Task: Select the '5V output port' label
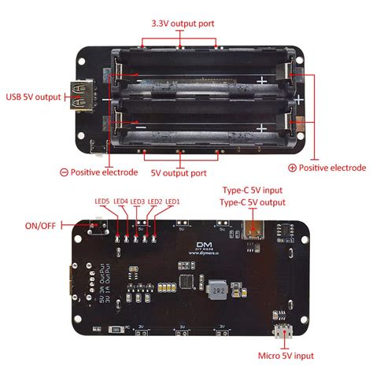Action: pyautogui.click(x=179, y=173)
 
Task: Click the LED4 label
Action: pyautogui.click(x=120, y=201)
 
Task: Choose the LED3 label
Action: pyautogui.click(x=138, y=201)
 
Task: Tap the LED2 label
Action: pyautogui.click(x=155, y=201)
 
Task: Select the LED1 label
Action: pyautogui.click(x=172, y=201)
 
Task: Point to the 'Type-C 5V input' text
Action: pyautogui.click(x=251, y=190)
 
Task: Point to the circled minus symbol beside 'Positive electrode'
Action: pyautogui.click(x=64, y=172)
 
